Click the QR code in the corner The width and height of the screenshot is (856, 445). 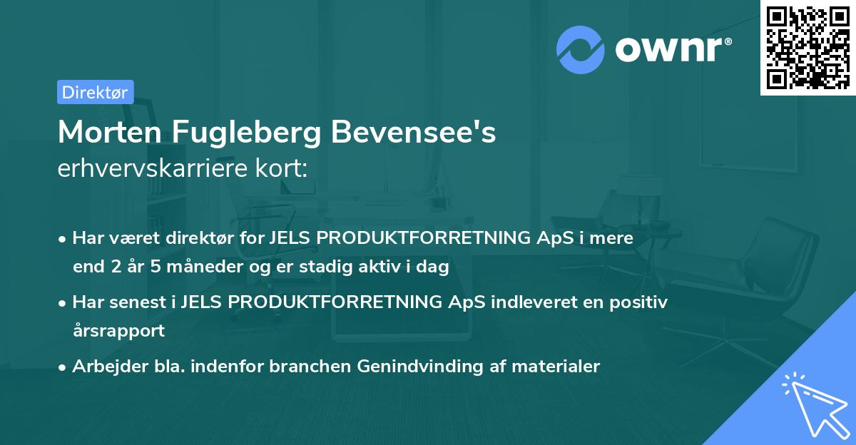807,47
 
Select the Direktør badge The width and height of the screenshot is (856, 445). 95,92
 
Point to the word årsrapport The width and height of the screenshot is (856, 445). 118,331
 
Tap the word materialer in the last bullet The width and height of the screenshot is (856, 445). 560,367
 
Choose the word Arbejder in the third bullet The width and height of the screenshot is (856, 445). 105,367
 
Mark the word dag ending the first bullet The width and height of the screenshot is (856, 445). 434,267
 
